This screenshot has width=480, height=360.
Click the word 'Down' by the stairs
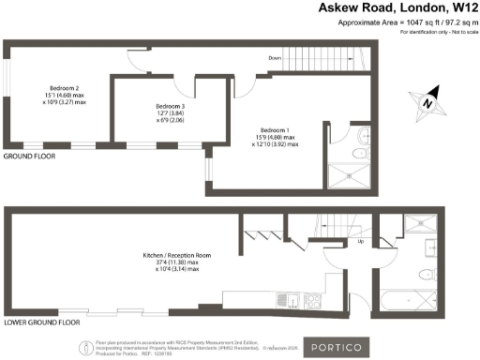coord(275,58)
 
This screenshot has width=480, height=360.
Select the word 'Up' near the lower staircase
coord(361,242)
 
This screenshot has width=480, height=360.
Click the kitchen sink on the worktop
coord(293,300)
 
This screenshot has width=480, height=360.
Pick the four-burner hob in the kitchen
coord(312,301)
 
